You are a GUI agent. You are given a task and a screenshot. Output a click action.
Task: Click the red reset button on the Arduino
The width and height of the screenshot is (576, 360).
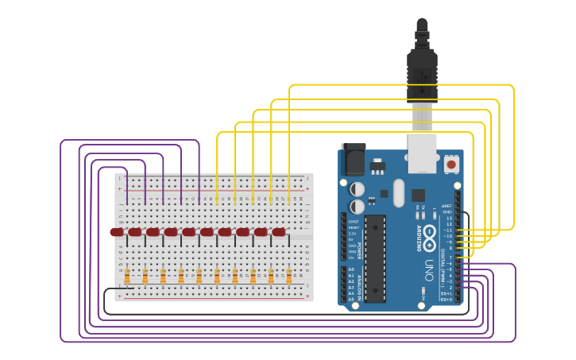(451, 165)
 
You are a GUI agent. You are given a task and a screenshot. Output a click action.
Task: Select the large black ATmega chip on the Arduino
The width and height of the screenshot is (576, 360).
(375, 258)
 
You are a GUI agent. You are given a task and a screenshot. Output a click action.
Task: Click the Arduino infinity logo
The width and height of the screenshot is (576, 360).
(429, 235)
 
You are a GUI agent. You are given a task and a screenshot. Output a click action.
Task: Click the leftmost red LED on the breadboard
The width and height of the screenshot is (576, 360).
(117, 232)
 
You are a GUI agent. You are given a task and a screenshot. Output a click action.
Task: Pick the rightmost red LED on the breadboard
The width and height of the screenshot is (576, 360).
(279, 232)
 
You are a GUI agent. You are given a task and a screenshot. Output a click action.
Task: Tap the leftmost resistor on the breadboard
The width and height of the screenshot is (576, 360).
(127, 276)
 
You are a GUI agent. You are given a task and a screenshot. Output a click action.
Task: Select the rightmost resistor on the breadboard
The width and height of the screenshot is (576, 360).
(289, 276)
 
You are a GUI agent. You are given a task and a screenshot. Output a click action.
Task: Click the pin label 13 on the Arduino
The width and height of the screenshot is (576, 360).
(449, 218)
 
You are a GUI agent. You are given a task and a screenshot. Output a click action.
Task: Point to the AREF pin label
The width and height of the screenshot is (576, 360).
(447, 206)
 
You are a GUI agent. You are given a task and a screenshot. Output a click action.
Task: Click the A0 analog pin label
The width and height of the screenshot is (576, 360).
(351, 269)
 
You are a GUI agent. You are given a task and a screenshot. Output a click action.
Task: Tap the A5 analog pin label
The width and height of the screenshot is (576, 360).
(351, 300)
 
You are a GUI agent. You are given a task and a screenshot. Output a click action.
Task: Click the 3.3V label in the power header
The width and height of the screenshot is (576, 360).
(353, 234)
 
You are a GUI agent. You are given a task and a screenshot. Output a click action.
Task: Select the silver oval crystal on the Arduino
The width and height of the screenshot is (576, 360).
(398, 192)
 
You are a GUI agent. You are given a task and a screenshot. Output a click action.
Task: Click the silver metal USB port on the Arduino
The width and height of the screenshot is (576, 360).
(423, 152)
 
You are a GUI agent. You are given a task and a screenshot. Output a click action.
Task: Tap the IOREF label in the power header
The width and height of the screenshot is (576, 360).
(353, 221)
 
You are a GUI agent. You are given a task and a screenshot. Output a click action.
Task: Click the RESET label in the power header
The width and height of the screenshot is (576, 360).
(353, 227)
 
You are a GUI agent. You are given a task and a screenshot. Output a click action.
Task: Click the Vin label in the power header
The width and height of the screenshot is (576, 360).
(351, 257)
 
